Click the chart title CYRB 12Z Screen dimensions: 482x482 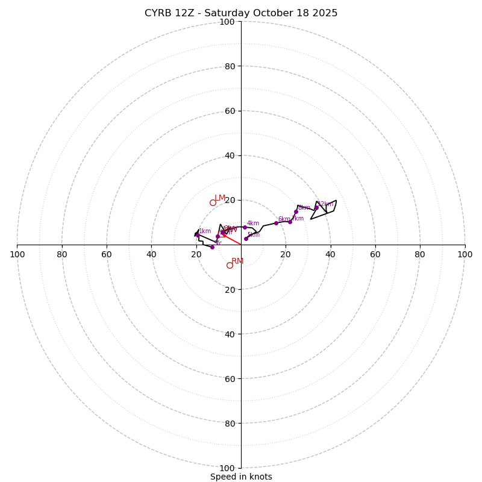[x=241, y=13]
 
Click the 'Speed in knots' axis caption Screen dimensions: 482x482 [x=241, y=477]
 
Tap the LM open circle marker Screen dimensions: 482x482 [x=213, y=202]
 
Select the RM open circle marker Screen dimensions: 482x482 [x=230, y=265]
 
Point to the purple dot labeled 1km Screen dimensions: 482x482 [x=197, y=235]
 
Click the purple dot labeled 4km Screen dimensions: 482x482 [x=245, y=227]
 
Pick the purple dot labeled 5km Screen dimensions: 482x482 [x=246, y=239]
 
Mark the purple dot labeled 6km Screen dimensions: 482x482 [x=277, y=223]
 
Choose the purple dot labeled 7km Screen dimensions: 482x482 [x=290, y=222]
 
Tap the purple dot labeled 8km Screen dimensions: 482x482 [x=296, y=211]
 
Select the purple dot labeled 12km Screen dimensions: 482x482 [x=316, y=208]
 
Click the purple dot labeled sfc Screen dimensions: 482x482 [x=212, y=247]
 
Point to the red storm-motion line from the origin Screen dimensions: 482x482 [x=233, y=240]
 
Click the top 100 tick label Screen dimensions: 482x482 [x=227, y=22]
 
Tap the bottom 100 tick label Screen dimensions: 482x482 [x=227, y=468]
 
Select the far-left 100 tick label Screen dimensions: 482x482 [x=17, y=254]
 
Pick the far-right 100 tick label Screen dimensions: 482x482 [x=465, y=254]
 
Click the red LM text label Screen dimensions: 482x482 [x=220, y=198]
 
